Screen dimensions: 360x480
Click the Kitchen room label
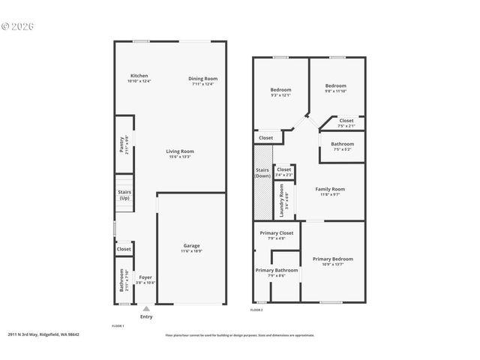coord(139,76)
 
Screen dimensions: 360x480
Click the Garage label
coord(192,247)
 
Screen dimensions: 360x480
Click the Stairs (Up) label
coord(124,195)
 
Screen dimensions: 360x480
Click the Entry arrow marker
coord(145,307)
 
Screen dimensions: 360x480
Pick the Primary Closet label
coord(277,234)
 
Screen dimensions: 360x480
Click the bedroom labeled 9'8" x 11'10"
coord(335,88)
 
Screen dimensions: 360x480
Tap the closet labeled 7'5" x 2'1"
coord(346,122)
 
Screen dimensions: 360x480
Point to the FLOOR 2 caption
coord(256,310)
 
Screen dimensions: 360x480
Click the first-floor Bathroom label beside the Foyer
coord(123,282)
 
